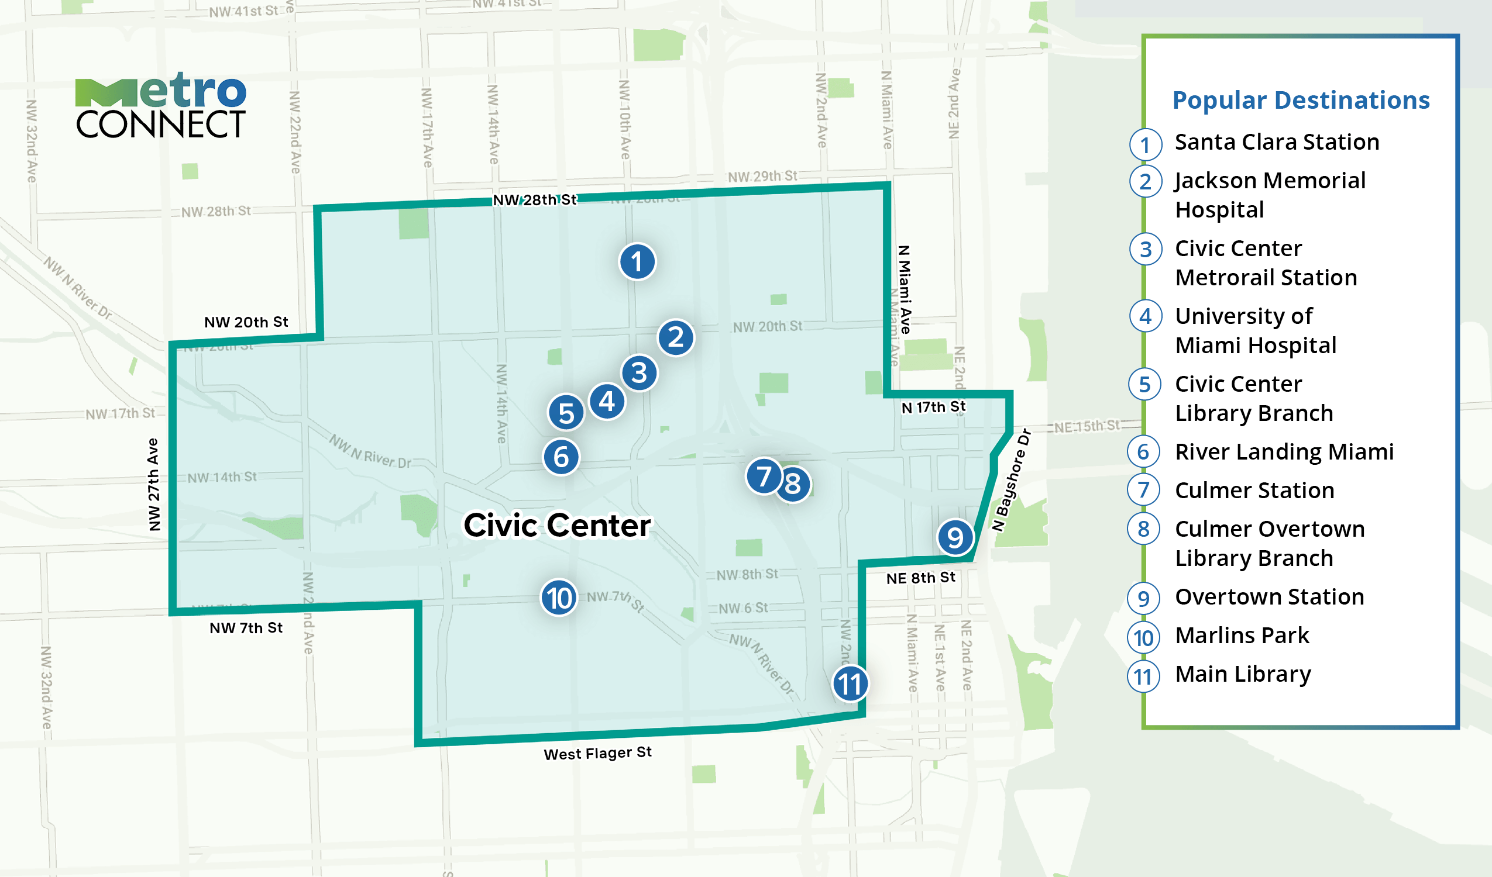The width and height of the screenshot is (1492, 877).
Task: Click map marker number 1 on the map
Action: (637, 261)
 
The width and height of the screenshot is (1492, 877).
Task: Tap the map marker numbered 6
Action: (561, 457)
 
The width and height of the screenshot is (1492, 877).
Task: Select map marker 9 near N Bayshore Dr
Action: (954, 537)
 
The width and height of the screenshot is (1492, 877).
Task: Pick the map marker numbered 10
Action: (558, 598)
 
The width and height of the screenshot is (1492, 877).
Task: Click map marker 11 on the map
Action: (850, 684)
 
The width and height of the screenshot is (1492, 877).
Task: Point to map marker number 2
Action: (676, 337)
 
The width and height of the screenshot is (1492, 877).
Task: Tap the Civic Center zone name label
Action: (556, 525)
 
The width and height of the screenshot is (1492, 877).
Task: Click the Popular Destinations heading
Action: (1301, 100)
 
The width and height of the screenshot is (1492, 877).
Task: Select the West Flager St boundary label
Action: (597, 753)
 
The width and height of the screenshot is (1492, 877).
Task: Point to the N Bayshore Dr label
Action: (1011, 481)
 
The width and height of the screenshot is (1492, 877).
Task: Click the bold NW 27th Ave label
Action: (154, 484)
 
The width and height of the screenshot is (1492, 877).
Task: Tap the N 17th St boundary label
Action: (933, 407)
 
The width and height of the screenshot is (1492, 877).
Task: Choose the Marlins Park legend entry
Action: (1242, 636)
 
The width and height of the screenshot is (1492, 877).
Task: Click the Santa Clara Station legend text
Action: (1277, 142)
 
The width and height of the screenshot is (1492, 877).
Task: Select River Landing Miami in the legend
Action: (1284, 452)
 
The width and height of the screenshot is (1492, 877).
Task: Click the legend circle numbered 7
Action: (1144, 491)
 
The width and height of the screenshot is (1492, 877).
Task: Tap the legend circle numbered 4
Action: (1145, 316)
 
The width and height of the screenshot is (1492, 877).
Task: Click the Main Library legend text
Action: (1243, 674)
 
